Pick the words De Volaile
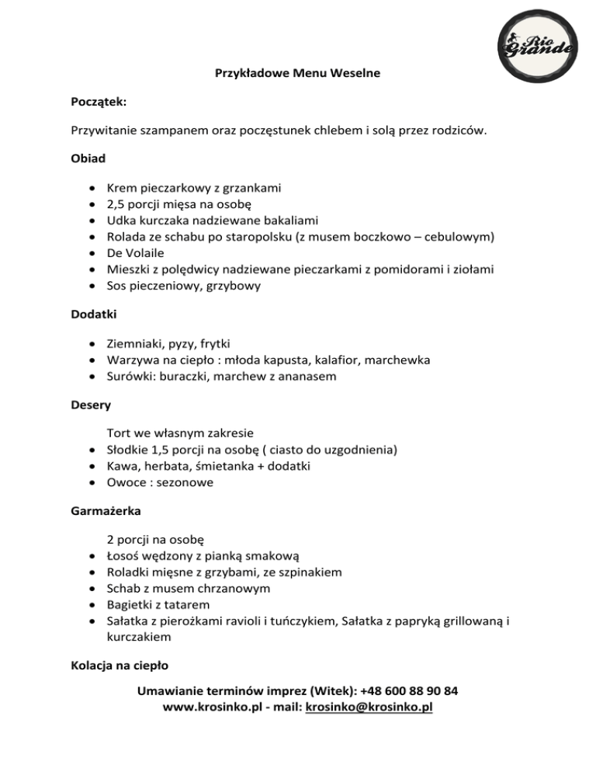pos(135,253)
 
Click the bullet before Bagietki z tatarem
pos(92,605)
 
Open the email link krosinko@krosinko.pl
pos(369,708)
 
